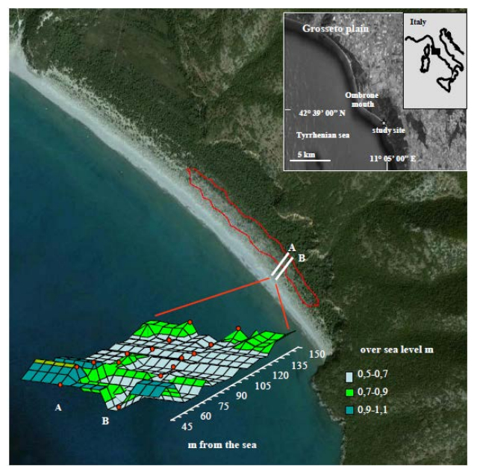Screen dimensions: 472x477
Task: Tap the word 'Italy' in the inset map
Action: (417, 22)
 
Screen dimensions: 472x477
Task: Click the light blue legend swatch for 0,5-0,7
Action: (349, 378)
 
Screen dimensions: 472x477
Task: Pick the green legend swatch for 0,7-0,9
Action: (349, 393)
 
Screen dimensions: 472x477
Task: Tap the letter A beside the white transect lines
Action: (292, 246)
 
